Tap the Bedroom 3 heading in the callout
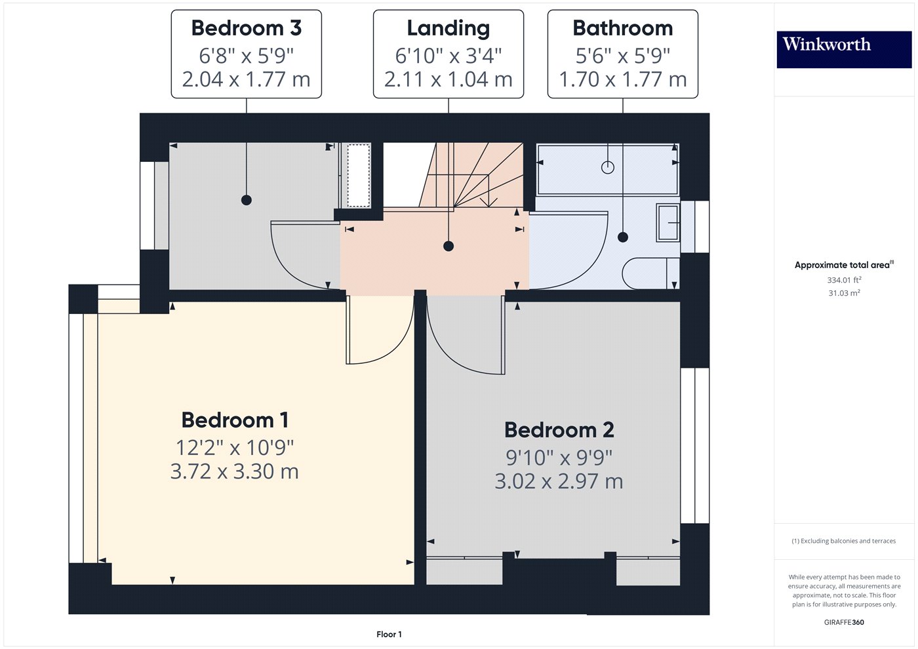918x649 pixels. [246, 28]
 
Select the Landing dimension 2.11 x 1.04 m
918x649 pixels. [449, 79]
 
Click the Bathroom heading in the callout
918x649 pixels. [622, 28]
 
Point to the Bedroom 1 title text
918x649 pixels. [235, 420]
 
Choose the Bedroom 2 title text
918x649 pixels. [559, 430]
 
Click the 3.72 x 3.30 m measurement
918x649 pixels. [235, 471]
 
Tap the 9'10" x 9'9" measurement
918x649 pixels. [559, 457]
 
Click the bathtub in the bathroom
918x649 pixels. [607, 169]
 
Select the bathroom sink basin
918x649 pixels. [668, 223]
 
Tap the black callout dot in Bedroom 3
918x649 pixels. [247, 200]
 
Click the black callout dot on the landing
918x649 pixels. [449, 246]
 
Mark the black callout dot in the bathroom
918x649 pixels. [623, 237]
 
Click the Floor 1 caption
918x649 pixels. [389, 634]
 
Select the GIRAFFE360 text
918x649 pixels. [844, 622]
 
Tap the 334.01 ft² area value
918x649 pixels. [844, 280]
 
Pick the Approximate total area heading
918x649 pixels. [843, 265]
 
